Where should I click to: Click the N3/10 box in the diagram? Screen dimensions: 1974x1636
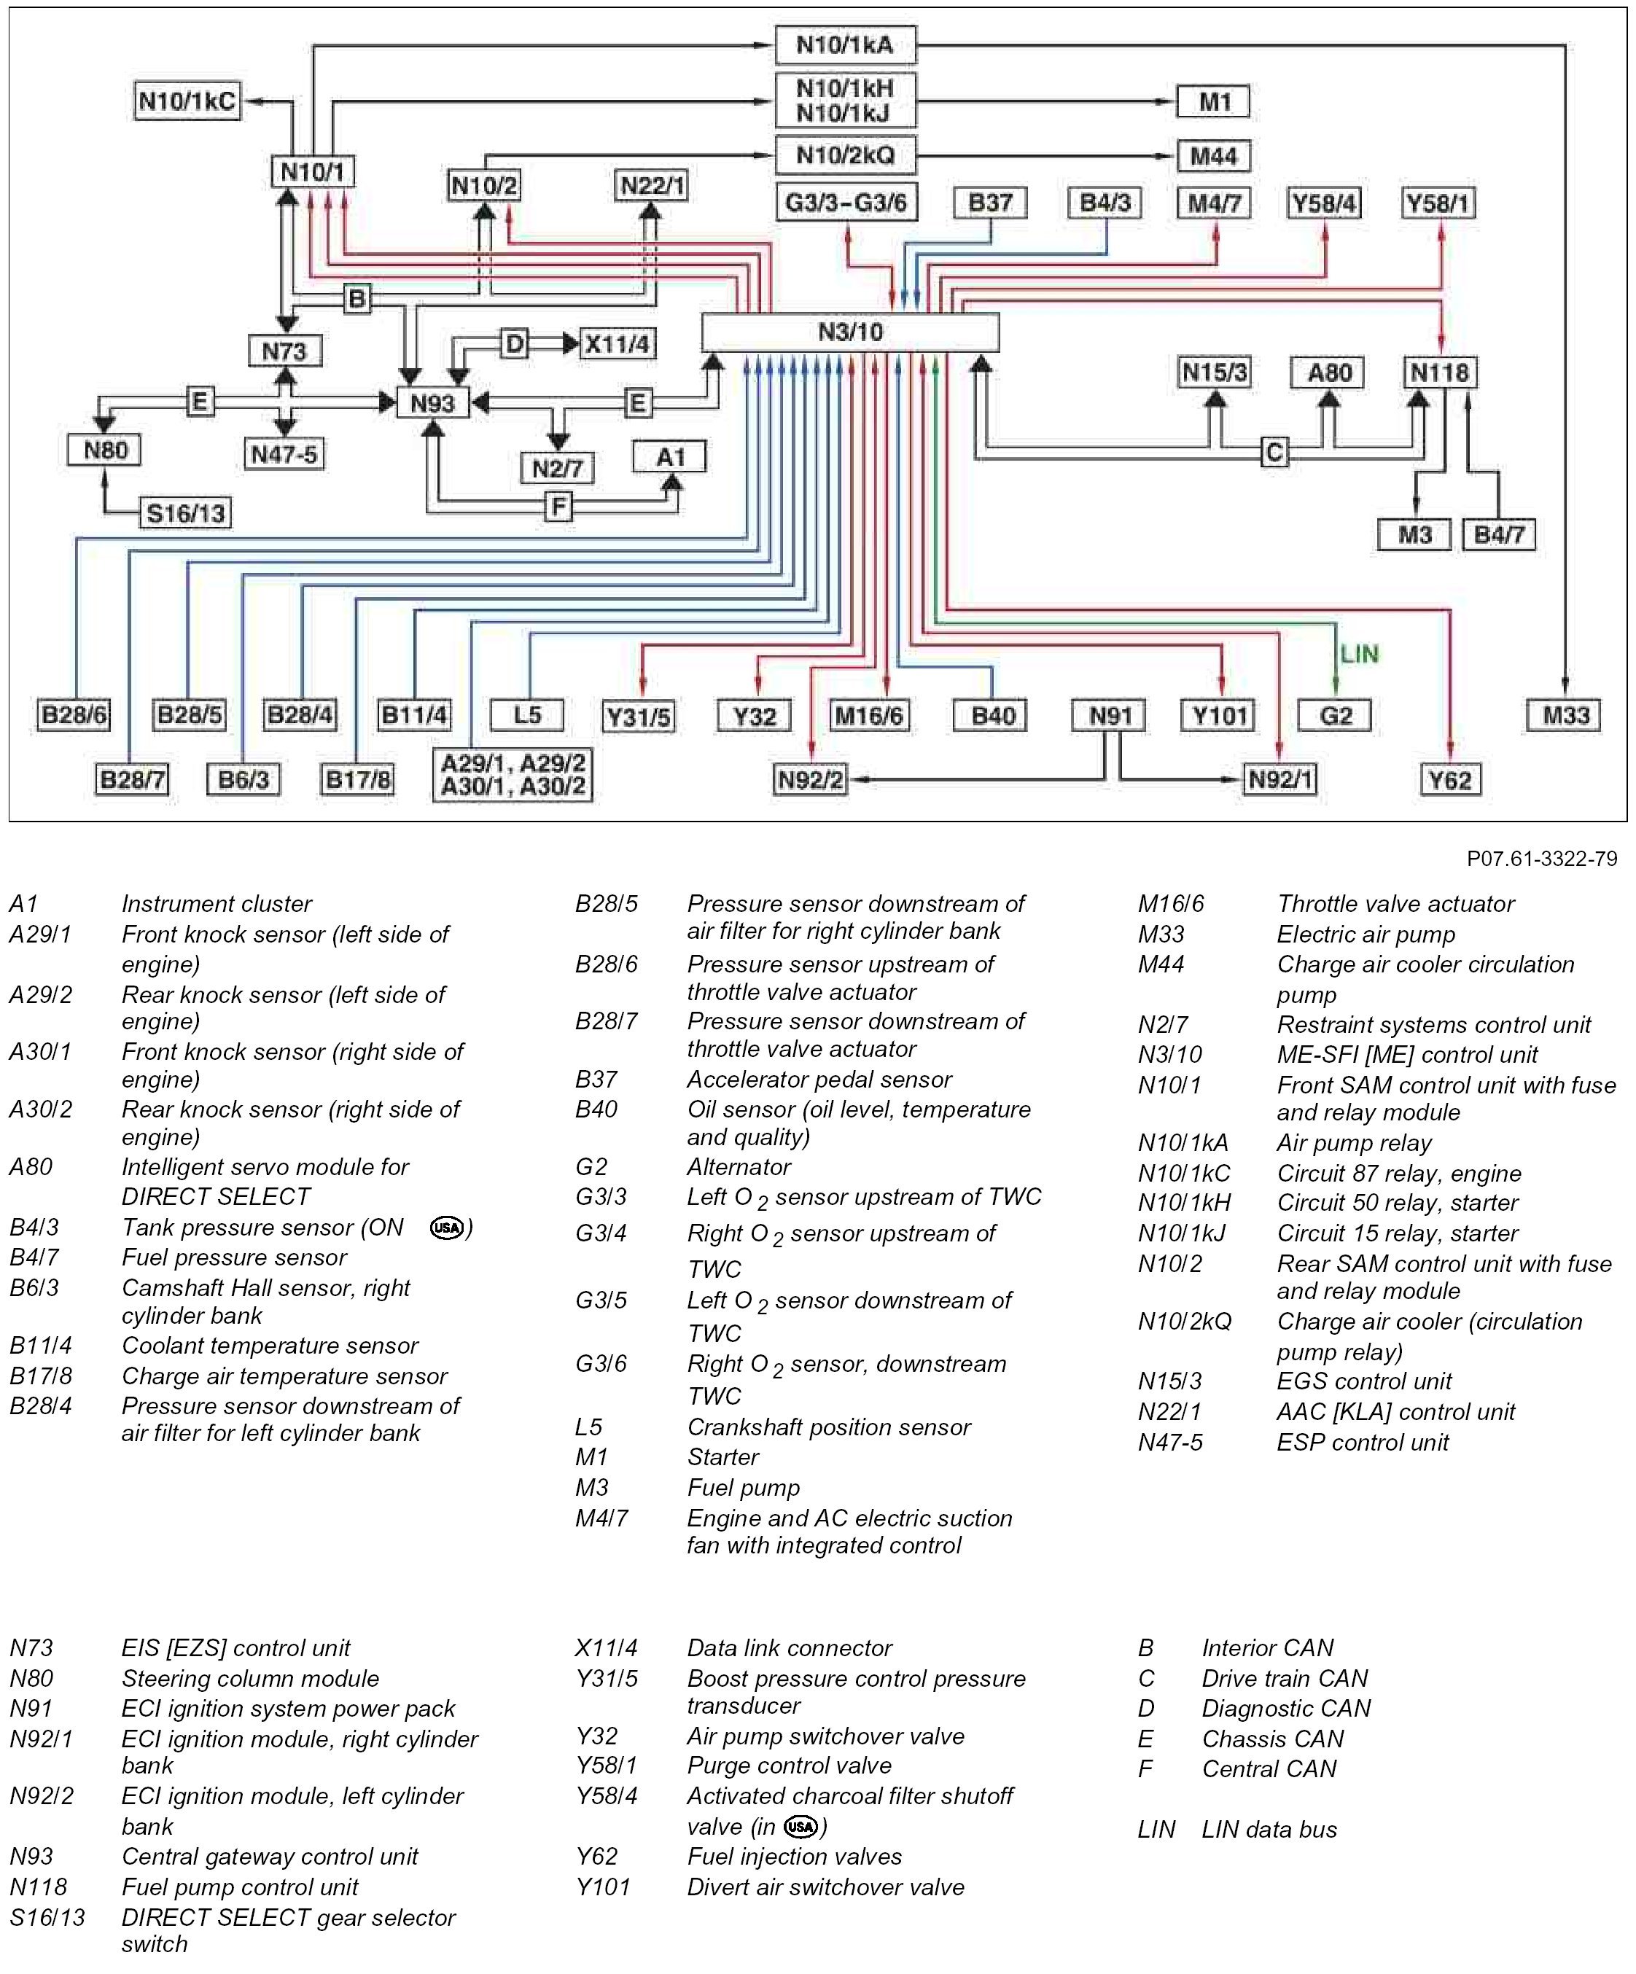850,332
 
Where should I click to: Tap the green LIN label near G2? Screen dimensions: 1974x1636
1359,655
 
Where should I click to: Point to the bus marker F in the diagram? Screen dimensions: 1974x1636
558,507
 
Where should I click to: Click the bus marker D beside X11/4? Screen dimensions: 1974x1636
514,344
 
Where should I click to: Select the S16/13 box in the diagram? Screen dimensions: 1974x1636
186,513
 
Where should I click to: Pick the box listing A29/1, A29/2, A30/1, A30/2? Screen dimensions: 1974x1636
513,775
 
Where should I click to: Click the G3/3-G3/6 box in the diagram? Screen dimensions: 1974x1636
846,203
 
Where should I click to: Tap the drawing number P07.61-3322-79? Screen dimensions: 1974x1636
1542,858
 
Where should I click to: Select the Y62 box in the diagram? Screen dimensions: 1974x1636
1449,780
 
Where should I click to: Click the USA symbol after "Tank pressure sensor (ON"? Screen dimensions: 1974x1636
447,1228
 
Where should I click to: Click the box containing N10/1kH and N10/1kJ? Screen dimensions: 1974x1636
845,101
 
